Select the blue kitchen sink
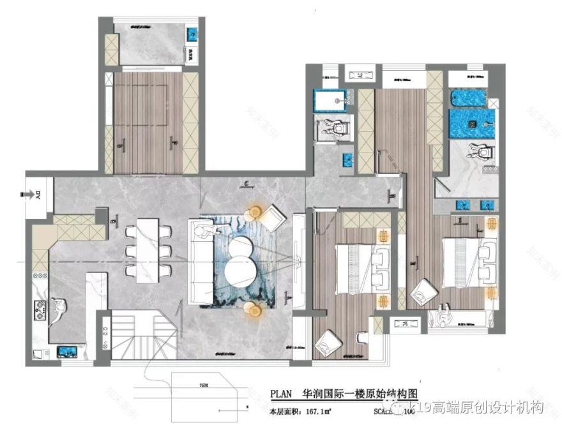pos(66,350)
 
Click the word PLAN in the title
pos(280,394)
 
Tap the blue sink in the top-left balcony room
pos(191,33)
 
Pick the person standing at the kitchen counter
pos(58,311)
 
